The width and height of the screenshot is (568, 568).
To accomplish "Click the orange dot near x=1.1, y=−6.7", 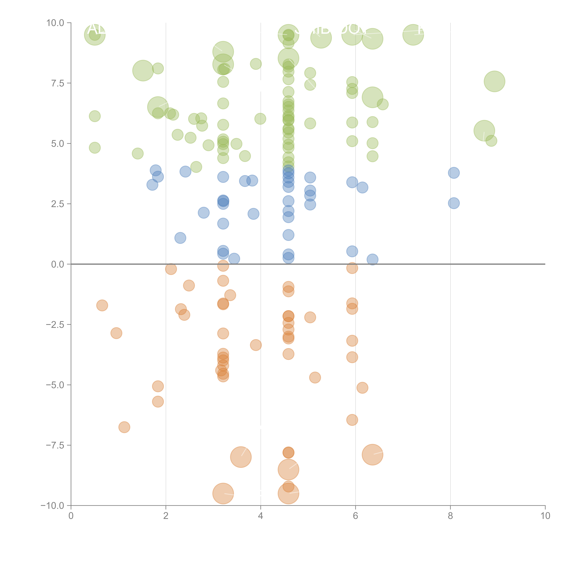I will point(124,427).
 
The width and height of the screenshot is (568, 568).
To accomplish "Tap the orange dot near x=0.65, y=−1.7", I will point(102,305).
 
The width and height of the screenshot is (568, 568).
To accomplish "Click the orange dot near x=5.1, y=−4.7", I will point(315,377).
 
